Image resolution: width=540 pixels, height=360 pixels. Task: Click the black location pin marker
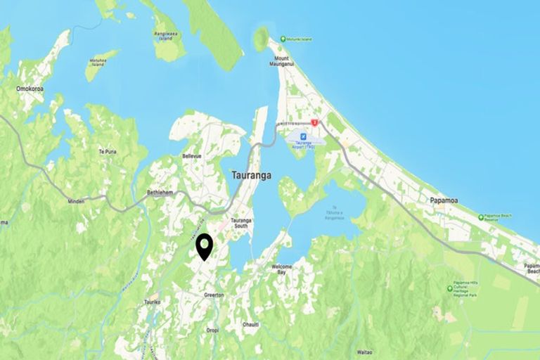pyautogui.click(x=205, y=247)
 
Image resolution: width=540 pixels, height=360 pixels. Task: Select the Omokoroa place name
pyautogui.click(x=32, y=89)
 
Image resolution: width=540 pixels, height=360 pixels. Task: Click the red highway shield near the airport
pyautogui.click(x=315, y=123)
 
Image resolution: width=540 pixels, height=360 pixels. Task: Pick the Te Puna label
pyautogui.click(x=107, y=151)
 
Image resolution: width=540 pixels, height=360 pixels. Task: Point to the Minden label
pyautogui.click(x=76, y=201)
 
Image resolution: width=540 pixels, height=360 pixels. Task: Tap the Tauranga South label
pyautogui.click(x=241, y=223)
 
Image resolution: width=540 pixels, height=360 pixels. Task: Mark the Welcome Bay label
pyautogui.click(x=282, y=269)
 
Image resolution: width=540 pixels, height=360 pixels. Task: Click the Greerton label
pyautogui.click(x=214, y=295)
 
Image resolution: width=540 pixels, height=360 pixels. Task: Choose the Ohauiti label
pyautogui.click(x=251, y=324)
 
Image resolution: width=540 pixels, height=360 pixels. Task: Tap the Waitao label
pyautogui.click(x=364, y=351)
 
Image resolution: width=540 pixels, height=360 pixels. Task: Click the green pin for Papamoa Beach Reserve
pyautogui.click(x=481, y=217)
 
